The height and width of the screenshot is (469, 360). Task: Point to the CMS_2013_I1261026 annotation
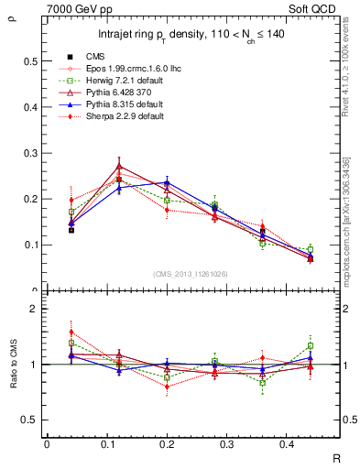tap(191, 274)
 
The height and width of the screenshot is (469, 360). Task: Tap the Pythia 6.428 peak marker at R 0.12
tap(119, 167)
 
